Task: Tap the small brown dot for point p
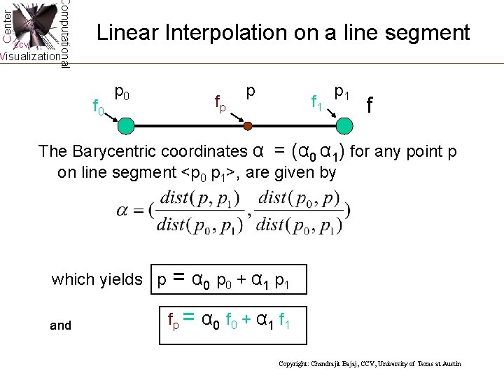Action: (247, 127)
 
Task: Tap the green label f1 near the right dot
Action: (316, 104)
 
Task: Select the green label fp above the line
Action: (220, 104)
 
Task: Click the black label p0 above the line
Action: (121, 91)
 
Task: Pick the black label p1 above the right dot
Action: (343, 91)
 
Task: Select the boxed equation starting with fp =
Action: (232, 321)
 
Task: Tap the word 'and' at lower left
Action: (61, 325)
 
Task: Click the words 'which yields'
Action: (97, 280)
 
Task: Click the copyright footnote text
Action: (370, 365)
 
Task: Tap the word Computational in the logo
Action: (64, 34)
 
